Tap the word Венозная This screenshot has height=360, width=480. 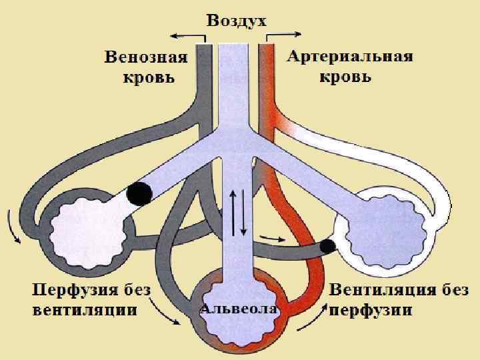(x=146, y=57)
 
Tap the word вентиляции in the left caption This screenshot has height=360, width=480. (x=85, y=310)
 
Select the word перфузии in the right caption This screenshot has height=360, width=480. (x=371, y=310)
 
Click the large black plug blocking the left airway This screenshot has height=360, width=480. (x=139, y=193)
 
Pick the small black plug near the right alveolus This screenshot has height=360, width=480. (x=327, y=245)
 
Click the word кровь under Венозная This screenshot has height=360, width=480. (x=149, y=77)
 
